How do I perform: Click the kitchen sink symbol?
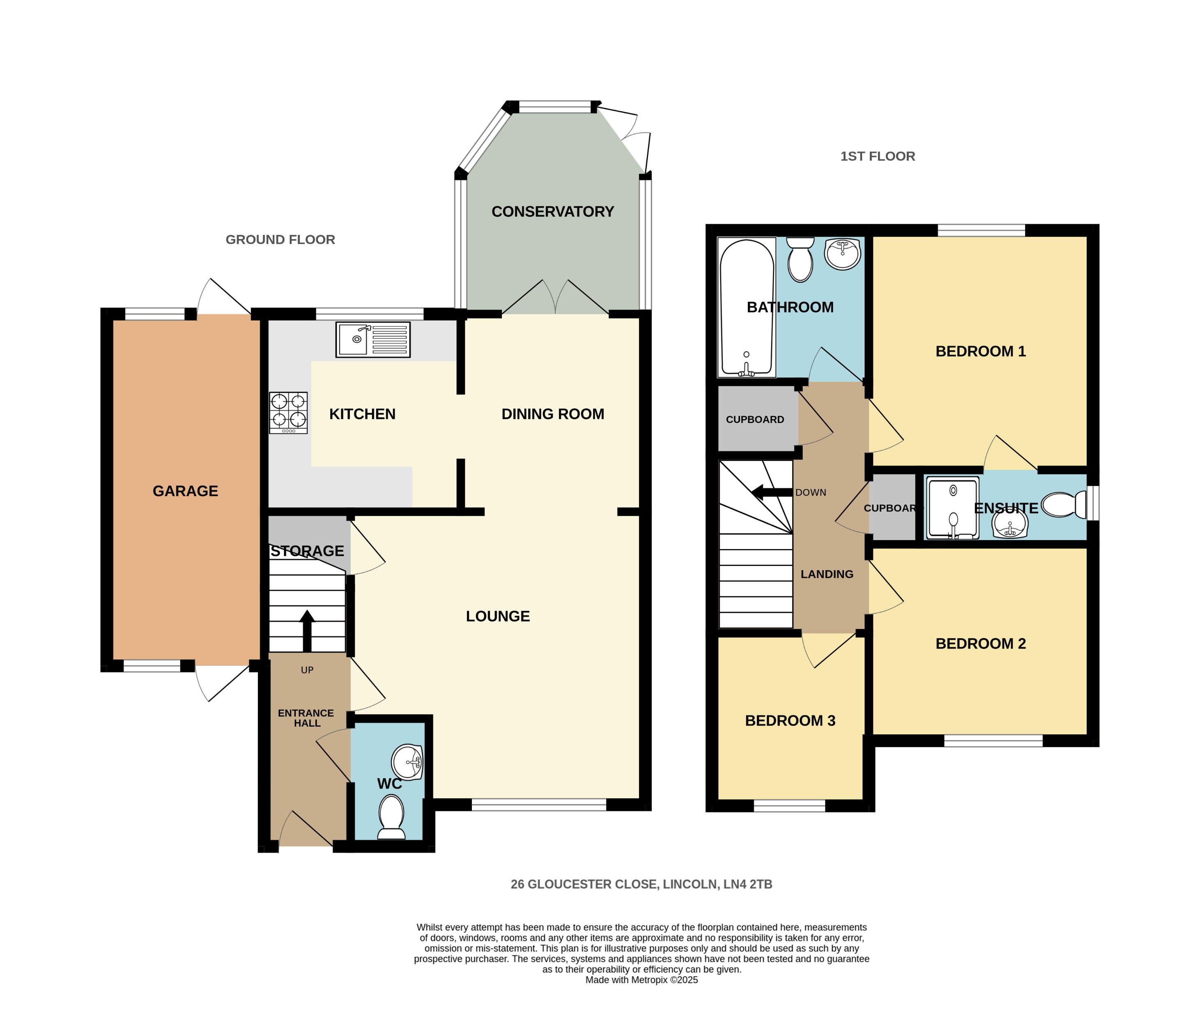point(373,339)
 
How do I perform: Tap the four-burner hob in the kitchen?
point(288,413)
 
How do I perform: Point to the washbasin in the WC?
point(408,761)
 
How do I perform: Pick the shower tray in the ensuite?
point(953,508)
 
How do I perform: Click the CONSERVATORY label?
point(552,212)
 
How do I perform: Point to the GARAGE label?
point(185,491)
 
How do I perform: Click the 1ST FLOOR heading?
point(878,156)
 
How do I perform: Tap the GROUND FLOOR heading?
point(280,240)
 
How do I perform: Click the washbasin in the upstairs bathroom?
point(843,254)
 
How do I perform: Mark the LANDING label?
point(826,574)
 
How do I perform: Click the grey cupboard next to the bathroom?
point(755,419)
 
